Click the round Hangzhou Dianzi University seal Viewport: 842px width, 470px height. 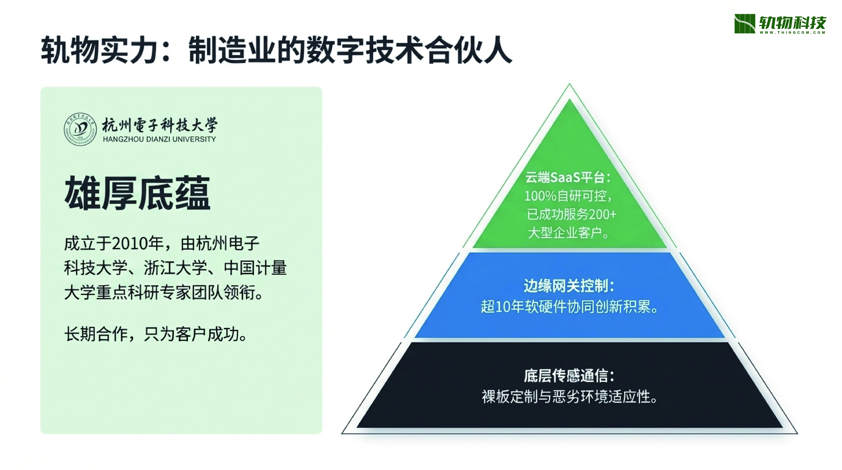(80, 129)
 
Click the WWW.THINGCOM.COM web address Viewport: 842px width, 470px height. (792, 32)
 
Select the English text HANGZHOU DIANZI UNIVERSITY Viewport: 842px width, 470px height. (159, 139)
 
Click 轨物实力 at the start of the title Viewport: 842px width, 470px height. (100, 50)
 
